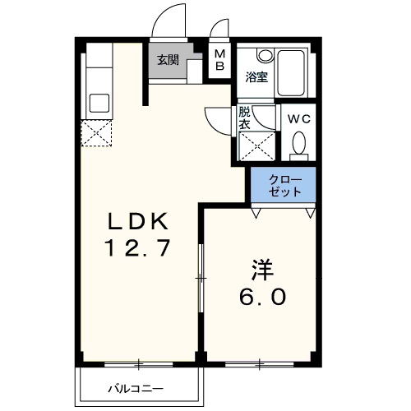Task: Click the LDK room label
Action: [137, 221]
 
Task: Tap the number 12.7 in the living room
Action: [137, 247]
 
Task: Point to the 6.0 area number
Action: [262, 296]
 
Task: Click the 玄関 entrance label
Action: [168, 59]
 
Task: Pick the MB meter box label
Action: [219, 62]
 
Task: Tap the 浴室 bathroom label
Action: [256, 78]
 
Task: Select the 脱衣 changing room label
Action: [244, 118]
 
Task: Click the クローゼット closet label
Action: [286, 186]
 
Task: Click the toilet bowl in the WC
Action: [298, 146]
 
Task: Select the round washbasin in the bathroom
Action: [265, 56]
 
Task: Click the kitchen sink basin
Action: [99, 104]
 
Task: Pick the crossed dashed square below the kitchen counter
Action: [96, 133]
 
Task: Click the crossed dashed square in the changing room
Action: [256, 147]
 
